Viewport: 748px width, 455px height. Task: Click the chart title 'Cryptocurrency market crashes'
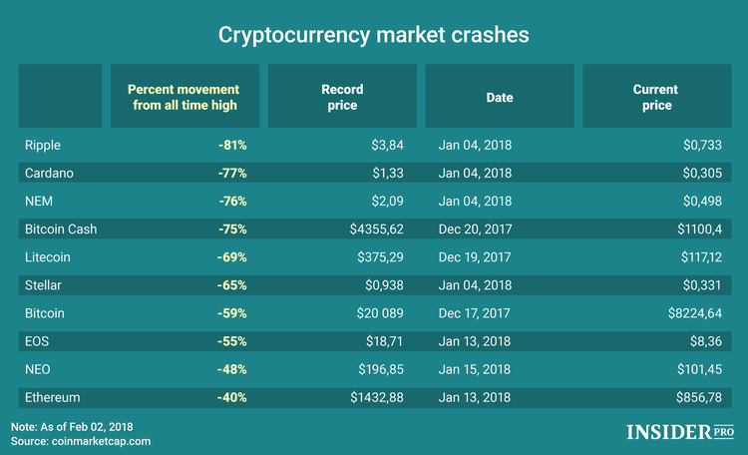coord(373,34)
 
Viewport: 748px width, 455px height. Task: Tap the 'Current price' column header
coord(655,97)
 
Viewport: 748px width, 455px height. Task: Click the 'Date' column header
coord(499,98)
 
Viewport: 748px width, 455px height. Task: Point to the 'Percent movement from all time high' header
coord(183,97)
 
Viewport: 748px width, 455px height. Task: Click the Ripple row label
coord(43,146)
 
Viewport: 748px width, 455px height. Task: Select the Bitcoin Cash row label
coord(60,229)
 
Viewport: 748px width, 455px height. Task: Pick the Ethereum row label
coord(52,397)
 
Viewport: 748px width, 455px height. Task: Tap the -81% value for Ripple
coord(232,146)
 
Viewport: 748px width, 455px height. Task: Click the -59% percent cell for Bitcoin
coord(232,313)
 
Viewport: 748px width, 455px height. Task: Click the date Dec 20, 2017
coord(476,229)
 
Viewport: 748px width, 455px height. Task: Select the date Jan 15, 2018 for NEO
coord(475,369)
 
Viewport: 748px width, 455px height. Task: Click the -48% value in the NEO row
coord(232,369)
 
